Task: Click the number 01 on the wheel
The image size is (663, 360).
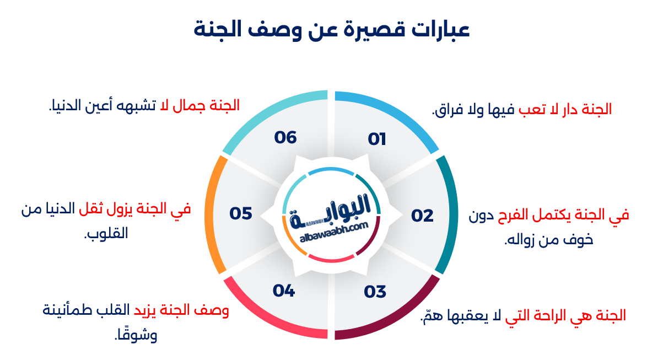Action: [x=377, y=139]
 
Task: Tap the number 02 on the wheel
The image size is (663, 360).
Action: [x=422, y=216]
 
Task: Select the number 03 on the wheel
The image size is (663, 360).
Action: [x=375, y=292]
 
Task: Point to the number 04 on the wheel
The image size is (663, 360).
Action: [x=284, y=290]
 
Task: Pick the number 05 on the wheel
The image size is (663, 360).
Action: [x=241, y=213]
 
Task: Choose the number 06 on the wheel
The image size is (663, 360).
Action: [x=285, y=137]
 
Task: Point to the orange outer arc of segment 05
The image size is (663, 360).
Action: [x=210, y=215]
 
